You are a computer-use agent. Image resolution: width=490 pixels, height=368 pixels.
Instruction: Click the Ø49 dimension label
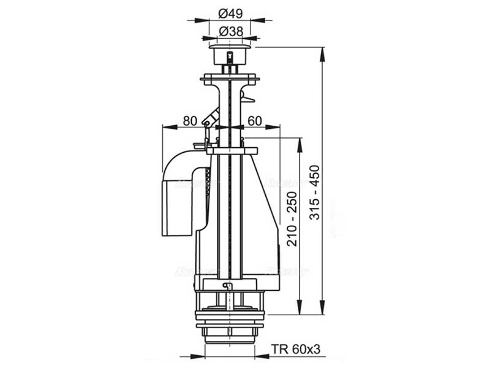click(x=230, y=13)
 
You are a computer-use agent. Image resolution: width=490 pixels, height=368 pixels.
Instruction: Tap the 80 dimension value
click(x=190, y=121)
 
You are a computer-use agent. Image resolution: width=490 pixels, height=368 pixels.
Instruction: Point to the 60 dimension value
click(x=255, y=121)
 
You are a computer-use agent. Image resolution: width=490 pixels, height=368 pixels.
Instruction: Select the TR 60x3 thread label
click(x=297, y=350)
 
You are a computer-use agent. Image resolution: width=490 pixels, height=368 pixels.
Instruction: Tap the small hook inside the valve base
click(x=228, y=286)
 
